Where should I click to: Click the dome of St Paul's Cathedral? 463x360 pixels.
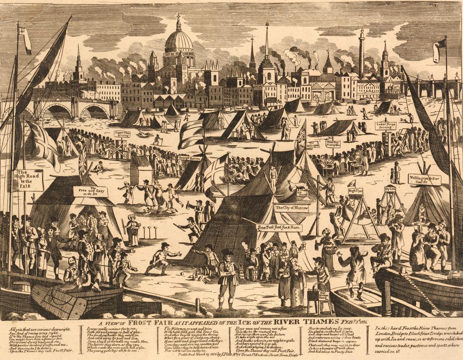coord(179,41)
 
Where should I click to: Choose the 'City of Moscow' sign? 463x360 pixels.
coord(291,208)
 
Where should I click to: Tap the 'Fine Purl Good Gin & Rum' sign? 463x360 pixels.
coord(280,227)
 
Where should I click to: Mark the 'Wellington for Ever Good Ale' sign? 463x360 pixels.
coord(424,179)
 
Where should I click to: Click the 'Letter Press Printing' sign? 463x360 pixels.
coord(385,126)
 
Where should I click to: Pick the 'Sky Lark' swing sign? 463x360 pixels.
coord(390,189)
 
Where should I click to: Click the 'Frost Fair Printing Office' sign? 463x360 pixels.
coord(333,144)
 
